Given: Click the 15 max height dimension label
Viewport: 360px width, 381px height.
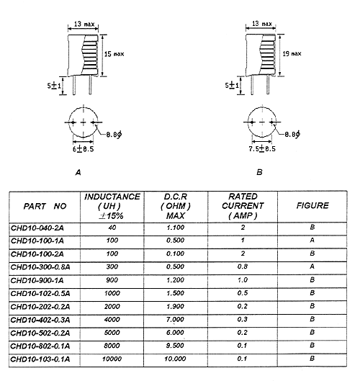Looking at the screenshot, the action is coord(114,54).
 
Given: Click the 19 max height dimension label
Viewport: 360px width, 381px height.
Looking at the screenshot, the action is coord(292,53).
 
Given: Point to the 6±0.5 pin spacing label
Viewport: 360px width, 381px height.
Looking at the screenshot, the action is coord(83,148).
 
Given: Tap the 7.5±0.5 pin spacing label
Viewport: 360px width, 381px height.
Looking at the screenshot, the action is coord(262,148).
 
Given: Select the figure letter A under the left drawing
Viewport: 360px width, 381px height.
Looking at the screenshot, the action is coord(78,173).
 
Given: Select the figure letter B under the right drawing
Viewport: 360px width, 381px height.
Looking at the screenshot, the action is coord(259,172).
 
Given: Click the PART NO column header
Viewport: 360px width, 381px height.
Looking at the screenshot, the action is coord(45,206).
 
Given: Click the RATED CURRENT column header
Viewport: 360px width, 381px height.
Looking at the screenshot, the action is coord(243,206).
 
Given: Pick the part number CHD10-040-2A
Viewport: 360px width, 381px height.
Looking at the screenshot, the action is coord(37,228).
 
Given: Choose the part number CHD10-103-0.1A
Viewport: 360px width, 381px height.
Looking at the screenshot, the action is coord(40,359).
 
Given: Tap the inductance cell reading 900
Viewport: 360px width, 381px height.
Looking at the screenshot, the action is coord(112,280).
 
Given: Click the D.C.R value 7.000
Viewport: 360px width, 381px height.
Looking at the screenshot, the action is coord(175,320).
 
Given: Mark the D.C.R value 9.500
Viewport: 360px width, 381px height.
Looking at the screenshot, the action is coord(175,346).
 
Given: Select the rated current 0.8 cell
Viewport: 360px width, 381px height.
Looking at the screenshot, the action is coord(243,266).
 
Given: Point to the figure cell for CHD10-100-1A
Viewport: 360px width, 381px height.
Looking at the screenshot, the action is coord(312,241).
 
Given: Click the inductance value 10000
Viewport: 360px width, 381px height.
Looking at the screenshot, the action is coord(112,359).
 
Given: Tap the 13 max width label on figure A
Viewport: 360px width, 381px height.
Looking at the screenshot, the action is coord(84,24).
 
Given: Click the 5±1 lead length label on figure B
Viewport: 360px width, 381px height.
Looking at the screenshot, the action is coord(232,85).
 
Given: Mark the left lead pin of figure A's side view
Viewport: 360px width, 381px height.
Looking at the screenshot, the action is coord(74,85).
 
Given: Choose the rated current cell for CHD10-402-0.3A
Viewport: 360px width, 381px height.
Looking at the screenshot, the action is coord(243,319).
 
